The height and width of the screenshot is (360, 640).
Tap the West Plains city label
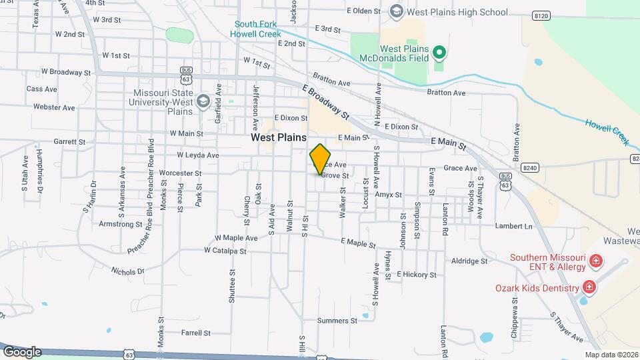pos(278,137)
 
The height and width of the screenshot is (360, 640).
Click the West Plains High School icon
pos(397,11)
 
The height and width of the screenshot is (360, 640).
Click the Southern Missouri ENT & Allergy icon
pos(595,261)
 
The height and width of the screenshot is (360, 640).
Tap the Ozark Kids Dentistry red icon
pos(588,287)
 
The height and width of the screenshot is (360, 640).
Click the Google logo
pos(22,351)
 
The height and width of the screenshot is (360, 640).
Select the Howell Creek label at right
pos(607,131)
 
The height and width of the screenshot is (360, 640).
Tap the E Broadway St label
pos(325,101)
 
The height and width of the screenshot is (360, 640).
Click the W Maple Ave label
pos(235,238)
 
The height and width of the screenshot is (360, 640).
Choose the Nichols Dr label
pos(110,271)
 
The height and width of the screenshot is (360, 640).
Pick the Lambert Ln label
pos(514,227)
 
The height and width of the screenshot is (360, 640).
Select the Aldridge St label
pos(470,261)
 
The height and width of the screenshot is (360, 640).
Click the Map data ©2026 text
pos(611,355)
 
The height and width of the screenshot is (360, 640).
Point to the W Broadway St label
pos(65,72)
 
